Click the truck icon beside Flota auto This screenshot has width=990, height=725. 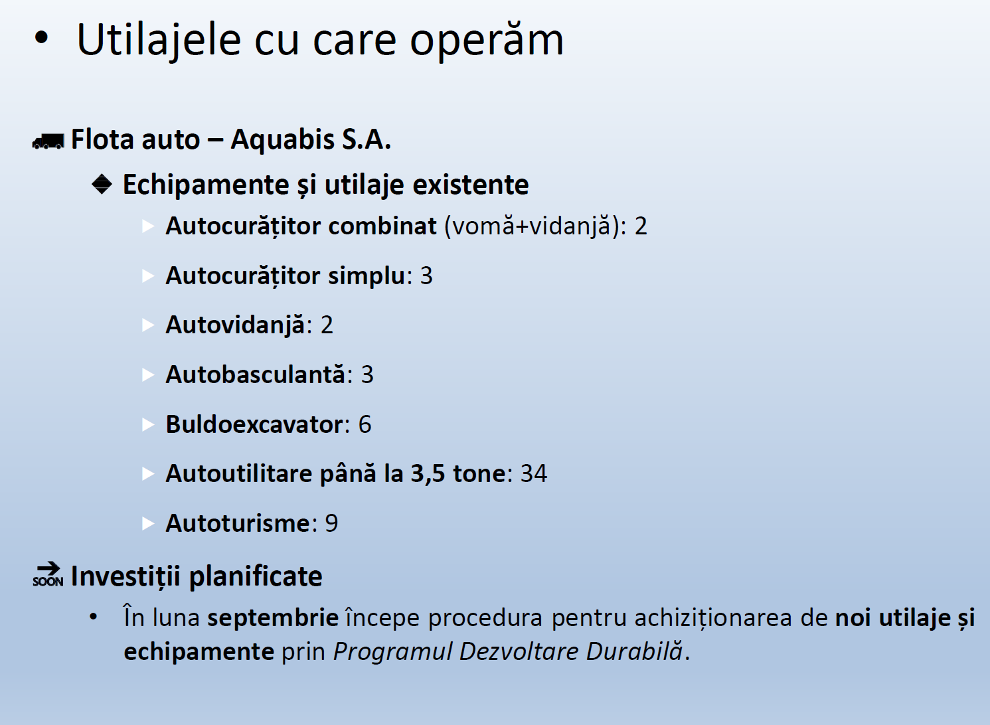[48, 141]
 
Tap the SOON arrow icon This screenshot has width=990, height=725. [48, 574]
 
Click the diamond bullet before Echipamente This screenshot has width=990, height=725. [102, 184]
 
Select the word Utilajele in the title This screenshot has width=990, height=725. [159, 40]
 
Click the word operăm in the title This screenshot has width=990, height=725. [487, 40]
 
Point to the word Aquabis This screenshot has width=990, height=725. [282, 139]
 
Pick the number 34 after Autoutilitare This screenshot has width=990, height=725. [534, 473]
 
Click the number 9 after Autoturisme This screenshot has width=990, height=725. [331, 523]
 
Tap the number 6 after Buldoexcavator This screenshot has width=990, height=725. [365, 424]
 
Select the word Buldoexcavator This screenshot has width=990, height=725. [254, 424]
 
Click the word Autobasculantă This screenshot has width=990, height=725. [255, 374]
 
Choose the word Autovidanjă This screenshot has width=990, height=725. [235, 325]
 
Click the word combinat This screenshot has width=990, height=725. [382, 226]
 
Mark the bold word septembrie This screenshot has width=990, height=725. [273, 618]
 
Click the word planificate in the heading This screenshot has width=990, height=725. [256, 577]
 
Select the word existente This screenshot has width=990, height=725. [471, 185]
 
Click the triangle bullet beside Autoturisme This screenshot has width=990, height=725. [148, 524]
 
